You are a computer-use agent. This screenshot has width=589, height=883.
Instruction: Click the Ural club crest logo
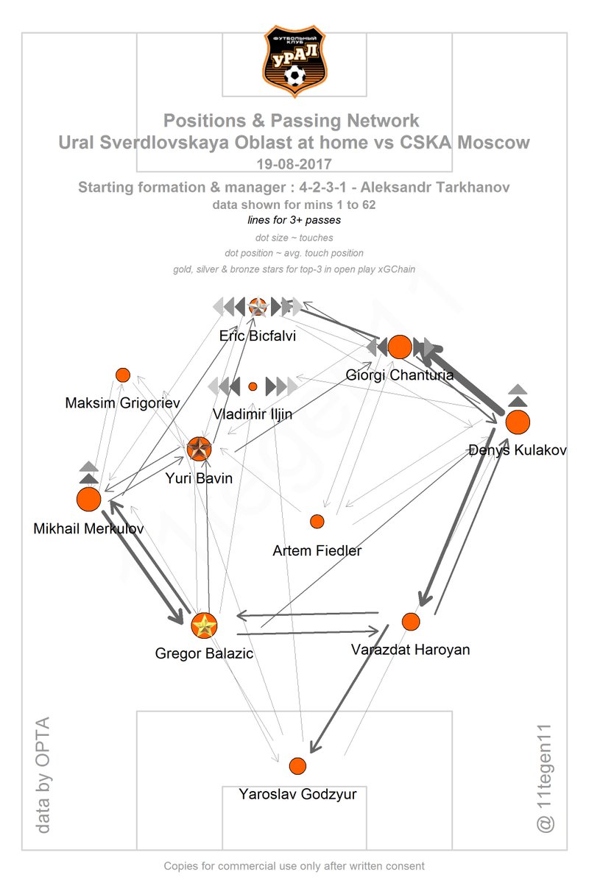click(294, 61)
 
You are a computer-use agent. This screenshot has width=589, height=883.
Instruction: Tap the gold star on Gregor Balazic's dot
click(204, 625)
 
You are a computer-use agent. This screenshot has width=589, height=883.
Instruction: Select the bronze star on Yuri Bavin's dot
click(199, 449)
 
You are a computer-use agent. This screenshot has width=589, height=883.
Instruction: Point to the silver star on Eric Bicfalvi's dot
click(258, 307)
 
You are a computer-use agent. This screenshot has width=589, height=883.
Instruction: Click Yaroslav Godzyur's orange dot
click(297, 766)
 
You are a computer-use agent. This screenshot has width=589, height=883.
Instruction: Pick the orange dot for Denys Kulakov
click(518, 422)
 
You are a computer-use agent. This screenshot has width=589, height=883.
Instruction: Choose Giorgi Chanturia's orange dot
click(400, 347)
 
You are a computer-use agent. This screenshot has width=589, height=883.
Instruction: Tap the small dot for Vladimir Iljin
click(253, 386)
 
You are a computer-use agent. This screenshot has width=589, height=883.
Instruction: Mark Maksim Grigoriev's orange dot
click(123, 375)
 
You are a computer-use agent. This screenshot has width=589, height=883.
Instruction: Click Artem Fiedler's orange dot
click(317, 521)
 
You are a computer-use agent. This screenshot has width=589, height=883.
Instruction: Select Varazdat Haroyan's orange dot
click(411, 622)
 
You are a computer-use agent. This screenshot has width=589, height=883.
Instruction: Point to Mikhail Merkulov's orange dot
click(89, 499)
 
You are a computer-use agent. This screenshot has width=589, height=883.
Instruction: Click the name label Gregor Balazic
click(204, 653)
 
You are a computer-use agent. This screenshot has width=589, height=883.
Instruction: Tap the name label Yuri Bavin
click(199, 478)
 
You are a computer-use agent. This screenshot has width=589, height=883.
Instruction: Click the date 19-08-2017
click(294, 164)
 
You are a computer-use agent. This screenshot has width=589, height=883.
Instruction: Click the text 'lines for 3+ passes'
click(294, 220)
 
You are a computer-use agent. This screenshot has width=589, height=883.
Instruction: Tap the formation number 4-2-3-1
click(322, 187)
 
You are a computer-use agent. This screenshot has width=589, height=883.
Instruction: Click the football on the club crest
click(294, 76)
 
